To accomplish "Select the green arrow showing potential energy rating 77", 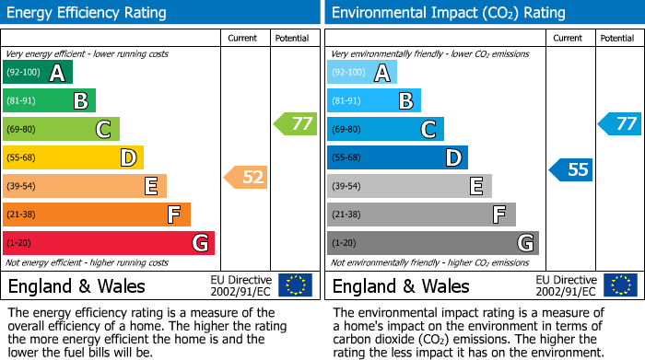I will pyautogui.click(x=295, y=123).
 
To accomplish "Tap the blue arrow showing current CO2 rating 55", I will pyautogui.click(x=571, y=169).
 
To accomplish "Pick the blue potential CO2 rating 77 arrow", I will pyautogui.click(x=620, y=123).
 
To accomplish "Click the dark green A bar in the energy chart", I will pyautogui.click(x=37, y=73).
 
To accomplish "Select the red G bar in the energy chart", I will pyautogui.click(x=109, y=243).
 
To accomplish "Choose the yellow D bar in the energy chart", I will pyautogui.click(x=73, y=158).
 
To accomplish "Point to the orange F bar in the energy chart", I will pyautogui.click(x=97, y=215).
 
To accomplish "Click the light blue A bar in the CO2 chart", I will pyautogui.click(x=362, y=73).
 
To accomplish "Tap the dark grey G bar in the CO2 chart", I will pyautogui.click(x=433, y=243).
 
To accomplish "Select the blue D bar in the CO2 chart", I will pyautogui.click(x=397, y=158).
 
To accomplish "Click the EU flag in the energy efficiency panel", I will pyautogui.click(x=295, y=285).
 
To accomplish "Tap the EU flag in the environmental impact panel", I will pyautogui.click(x=620, y=285).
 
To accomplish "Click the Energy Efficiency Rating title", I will pyautogui.click(x=88, y=13).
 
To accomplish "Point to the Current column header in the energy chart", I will pyautogui.click(x=243, y=38).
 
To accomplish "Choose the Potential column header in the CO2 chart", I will pyautogui.click(x=617, y=38).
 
